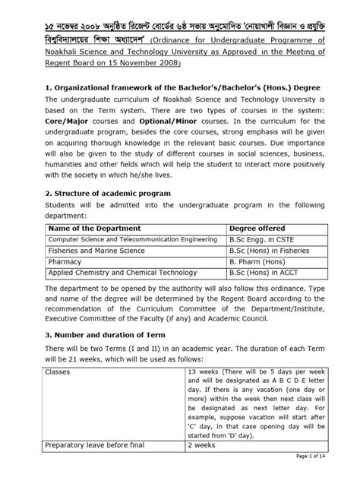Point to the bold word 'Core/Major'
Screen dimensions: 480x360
[x=65, y=121]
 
